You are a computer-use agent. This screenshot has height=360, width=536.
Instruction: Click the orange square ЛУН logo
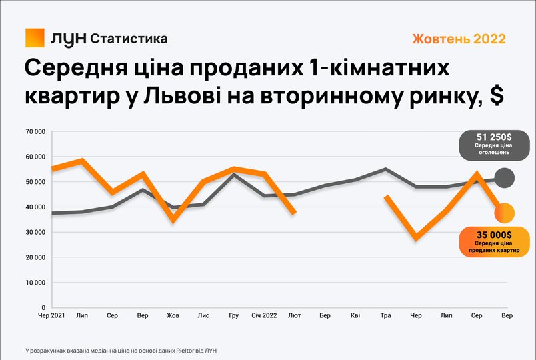pyautogui.click(x=35, y=37)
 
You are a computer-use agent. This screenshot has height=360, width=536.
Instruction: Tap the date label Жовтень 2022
pyautogui.click(x=459, y=39)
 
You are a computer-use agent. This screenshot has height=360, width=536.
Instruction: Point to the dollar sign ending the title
pyautogui.click(x=497, y=96)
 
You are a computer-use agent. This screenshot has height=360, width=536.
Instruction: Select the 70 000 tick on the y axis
pyautogui.click(x=35, y=131)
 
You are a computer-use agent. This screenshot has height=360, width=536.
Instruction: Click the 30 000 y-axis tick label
pyautogui.click(x=35, y=232)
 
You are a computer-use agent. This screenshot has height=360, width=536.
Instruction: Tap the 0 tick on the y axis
pyautogui.click(x=43, y=308)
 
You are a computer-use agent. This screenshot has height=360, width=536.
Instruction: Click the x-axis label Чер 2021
pyautogui.click(x=51, y=315)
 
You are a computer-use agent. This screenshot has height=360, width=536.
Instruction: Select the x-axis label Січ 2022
pyautogui.click(x=264, y=315)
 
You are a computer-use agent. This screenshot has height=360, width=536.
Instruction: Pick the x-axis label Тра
pyautogui.click(x=385, y=315)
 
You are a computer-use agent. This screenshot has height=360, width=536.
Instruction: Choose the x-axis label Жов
pyautogui.click(x=173, y=315)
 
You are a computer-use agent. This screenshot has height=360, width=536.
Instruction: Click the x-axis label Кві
pyautogui.click(x=355, y=315)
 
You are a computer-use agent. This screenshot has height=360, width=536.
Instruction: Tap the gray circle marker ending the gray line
pyautogui.click(x=505, y=178)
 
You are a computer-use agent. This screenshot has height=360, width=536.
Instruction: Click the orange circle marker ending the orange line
pyautogui.click(x=505, y=213)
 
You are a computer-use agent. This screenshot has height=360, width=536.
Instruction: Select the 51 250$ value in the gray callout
pyautogui.click(x=494, y=137)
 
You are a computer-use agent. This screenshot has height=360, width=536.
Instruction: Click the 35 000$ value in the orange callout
pyautogui.click(x=494, y=235)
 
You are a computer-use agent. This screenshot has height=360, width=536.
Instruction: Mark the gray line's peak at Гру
pyautogui.click(x=234, y=175)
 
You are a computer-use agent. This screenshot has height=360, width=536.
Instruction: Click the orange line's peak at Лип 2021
pyautogui.click(x=82, y=161)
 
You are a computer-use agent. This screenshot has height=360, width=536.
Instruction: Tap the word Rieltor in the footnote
pyautogui.click(x=183, y=351)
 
